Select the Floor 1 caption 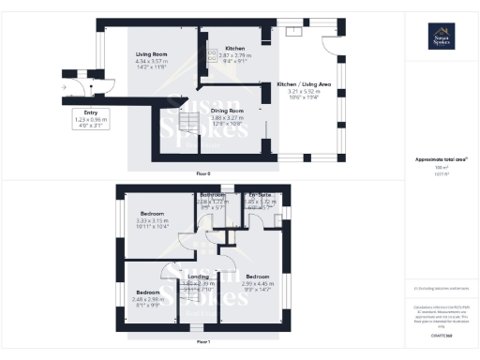(202, 340)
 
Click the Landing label (198, 277)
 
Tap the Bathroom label (212, 195)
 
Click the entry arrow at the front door (64, 86)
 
